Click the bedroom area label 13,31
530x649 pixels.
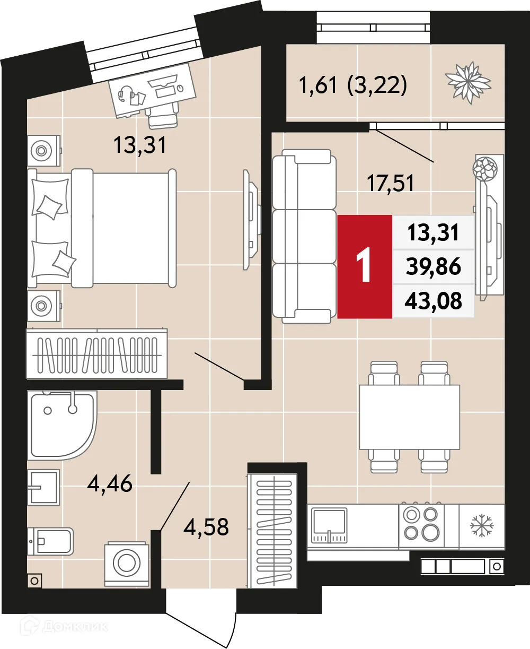click(140, 145)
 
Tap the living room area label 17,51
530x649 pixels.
click(390, 184)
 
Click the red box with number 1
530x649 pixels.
click(365, 266)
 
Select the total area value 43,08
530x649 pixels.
click(433, 301)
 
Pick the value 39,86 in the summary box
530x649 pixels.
click(433, 266)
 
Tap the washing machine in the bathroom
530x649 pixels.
click(127, 563)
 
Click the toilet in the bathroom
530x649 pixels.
click(50, 542)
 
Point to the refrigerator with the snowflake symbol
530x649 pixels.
click(481, 525)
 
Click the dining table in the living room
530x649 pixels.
click(409, 417)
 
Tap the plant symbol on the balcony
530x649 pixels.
click(468, 82)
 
